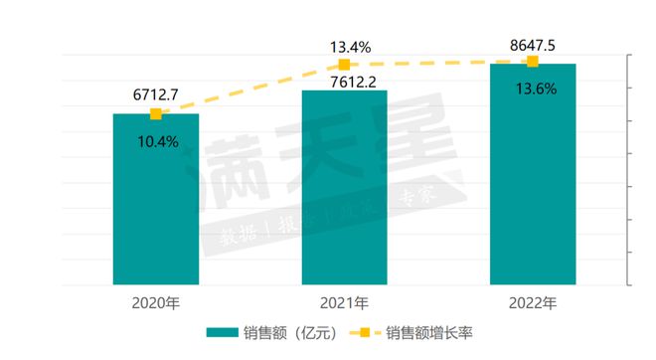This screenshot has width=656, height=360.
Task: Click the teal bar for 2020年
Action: click(x=155, y=199)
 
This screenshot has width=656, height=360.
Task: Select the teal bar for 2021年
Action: click(x=344, y=188)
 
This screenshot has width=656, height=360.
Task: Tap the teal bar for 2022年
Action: click(x=532, y=175)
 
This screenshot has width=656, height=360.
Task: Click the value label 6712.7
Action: click(x=155, y=95)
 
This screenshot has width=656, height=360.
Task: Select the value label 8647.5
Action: click(x=532, y=44)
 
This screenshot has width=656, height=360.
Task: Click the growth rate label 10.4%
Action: click(x=157, y=141)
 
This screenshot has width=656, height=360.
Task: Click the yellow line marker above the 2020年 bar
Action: click(x=155, y=114)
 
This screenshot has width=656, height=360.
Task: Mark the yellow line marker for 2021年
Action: click(x=344, y=65)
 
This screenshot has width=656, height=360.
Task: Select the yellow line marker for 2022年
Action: click(x=532, y=62)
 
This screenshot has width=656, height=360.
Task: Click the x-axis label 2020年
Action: click(x=155, y=301)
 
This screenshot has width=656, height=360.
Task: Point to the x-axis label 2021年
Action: click(x=344, y=301)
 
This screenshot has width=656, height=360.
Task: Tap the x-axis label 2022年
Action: click(x=532, y=301)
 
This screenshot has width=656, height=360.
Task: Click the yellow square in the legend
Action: click(x=364, y=333)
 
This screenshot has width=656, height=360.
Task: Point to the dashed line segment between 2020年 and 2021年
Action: click(x=249, y=90)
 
